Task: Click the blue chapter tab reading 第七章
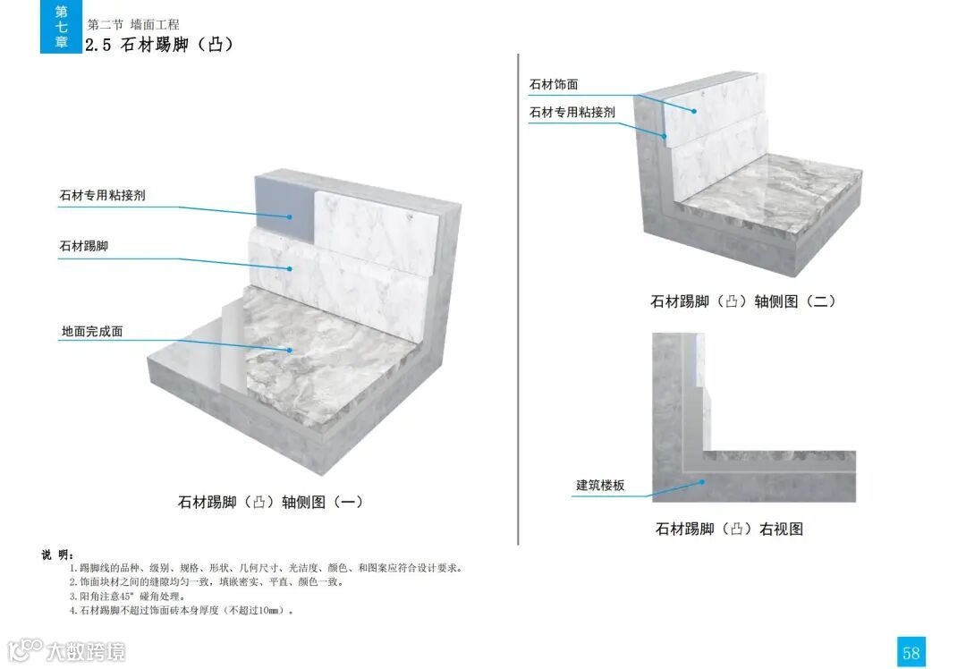click(61, 27)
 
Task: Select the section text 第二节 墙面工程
click(133, 24)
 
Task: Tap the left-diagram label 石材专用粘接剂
click(102, 195)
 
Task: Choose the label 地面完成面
click(92, 331)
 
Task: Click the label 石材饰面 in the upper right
click(554, 84)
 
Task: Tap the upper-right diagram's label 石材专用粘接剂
click(572, 112)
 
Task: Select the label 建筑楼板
click(600, 485)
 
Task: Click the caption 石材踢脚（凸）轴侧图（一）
click(271, 502)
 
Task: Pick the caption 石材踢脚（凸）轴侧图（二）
click(743, 301)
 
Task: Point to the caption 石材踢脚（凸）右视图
click(729, 529)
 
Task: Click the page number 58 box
click(911, 652)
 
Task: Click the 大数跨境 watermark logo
click(67, 650)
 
